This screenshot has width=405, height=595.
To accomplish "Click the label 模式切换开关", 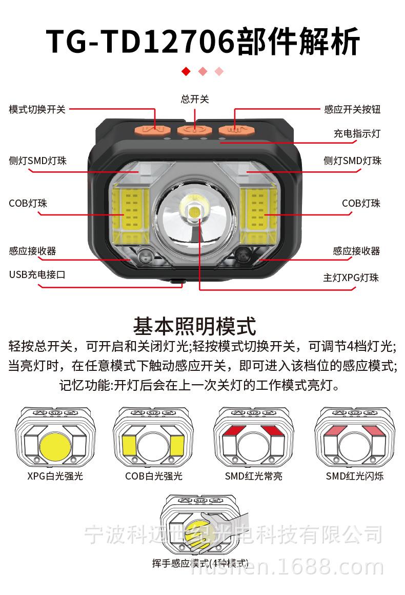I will tap(37, 109).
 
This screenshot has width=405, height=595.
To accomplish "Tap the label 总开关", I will tap(195, 99).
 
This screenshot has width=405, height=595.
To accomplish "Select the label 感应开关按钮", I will tap(352, 109).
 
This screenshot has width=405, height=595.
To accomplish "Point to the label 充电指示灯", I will tap(357, 134).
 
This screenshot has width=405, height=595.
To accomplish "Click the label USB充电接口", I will tap(37, 274).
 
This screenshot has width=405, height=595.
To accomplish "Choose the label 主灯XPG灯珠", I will tap(351, 278).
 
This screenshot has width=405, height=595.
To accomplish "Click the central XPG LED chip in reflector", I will tap(194, 210).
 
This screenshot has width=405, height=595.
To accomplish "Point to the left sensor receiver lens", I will tap(147, 255).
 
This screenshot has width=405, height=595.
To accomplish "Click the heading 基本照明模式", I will tap(194, 326).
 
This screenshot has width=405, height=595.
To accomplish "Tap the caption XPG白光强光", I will tap(55, 476).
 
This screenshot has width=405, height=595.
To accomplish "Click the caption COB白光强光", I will tap(154, 476).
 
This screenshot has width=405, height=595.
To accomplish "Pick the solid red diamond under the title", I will tap(186, 71).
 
